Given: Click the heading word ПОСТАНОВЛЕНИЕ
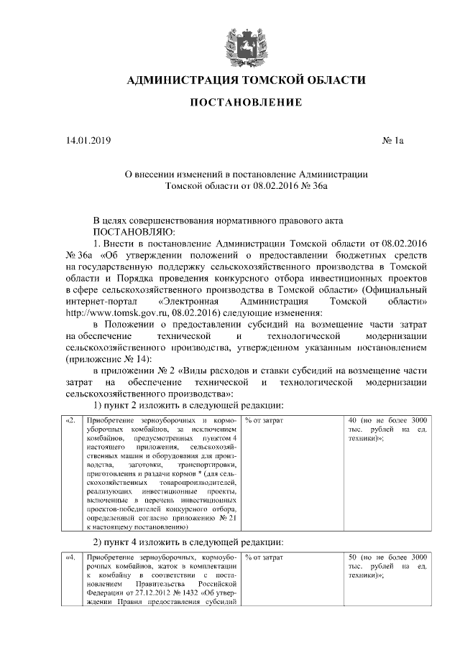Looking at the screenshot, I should [246, 103].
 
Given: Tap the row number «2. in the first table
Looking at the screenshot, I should [70, 419].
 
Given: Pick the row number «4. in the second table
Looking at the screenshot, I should [70, 557].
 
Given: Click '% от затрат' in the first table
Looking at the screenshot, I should [264, 419].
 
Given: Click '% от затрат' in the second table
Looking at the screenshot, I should [264, 557].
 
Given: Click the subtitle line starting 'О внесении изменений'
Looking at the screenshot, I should [246, 174].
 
